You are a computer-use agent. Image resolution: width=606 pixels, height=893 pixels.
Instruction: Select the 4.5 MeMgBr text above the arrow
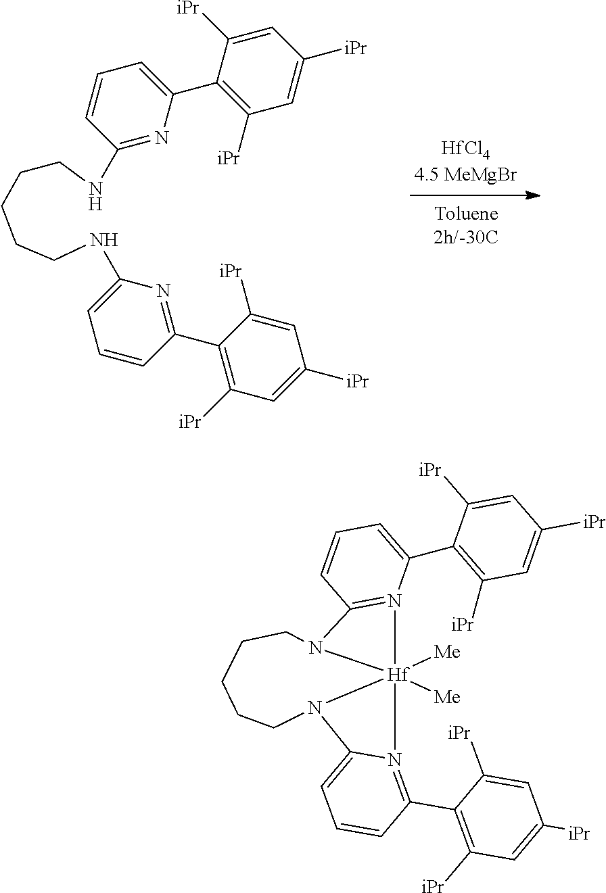tap(466, 174)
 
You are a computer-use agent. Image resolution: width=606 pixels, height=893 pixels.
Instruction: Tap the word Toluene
tap(466, 214)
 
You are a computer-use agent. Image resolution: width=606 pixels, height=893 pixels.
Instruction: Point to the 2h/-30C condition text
tap(466, 237)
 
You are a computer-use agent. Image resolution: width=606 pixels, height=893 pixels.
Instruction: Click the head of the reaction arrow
tap(534, 195)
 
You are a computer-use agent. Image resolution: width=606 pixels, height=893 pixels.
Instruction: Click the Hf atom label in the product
tap(396, 674)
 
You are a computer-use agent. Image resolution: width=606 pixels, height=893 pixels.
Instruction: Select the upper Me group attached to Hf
tap(446, 653)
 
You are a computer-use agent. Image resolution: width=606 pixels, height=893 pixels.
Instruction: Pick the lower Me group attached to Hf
tap(446, 697)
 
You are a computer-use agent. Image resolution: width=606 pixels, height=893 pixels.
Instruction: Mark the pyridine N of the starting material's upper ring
tap(161, 138)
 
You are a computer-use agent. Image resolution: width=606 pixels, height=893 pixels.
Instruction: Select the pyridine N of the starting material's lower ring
tap(162, 291)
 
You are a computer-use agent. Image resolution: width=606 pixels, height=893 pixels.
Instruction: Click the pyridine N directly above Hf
tap(395, 600)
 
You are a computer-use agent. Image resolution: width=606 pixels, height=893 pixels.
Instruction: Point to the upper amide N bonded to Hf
tap(314, 648)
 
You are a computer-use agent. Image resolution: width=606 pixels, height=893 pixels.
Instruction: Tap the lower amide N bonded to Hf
tap(314, 708)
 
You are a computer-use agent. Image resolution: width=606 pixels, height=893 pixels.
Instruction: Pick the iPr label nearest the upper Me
tap(463, 624)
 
